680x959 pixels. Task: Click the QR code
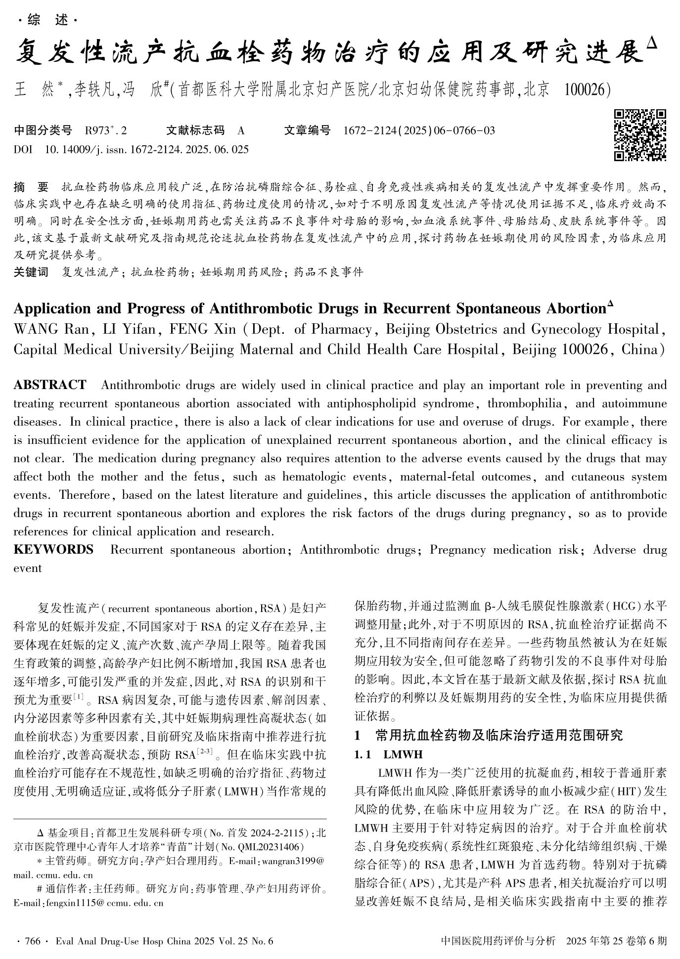tap(640, 135)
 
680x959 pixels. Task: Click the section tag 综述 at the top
tap(48, 20)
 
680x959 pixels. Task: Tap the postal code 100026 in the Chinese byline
tap(584, 89)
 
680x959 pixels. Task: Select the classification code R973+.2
tap(106, 131)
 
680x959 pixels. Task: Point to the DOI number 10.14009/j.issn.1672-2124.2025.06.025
tap(146, 149)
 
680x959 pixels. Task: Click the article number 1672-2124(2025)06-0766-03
tap(419, 131)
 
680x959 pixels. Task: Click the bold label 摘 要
tap(31, 187)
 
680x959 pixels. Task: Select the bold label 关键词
tap(31, 271)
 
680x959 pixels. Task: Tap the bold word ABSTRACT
tap(50, 385)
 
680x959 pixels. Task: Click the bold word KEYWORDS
tap(53, 550)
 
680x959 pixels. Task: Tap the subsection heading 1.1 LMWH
tap(388, 754)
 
